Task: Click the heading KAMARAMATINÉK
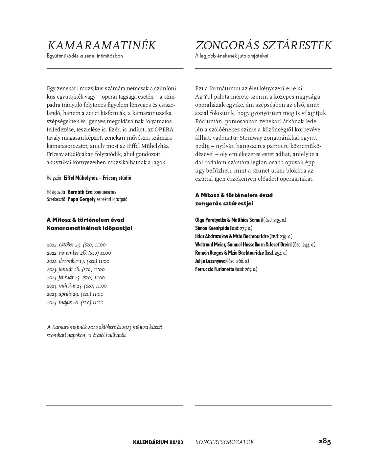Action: point(101,46)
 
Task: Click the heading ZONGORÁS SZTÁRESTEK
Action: point(263,46)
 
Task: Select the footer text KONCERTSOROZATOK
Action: point(224,442)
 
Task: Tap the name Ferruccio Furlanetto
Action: point(215,269)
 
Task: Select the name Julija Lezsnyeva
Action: point(210,261)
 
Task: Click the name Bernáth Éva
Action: point(80,192)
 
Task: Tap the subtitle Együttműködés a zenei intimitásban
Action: point(85,56)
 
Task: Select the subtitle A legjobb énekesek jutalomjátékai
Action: point(232,56)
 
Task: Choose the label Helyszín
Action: point(54,178)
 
